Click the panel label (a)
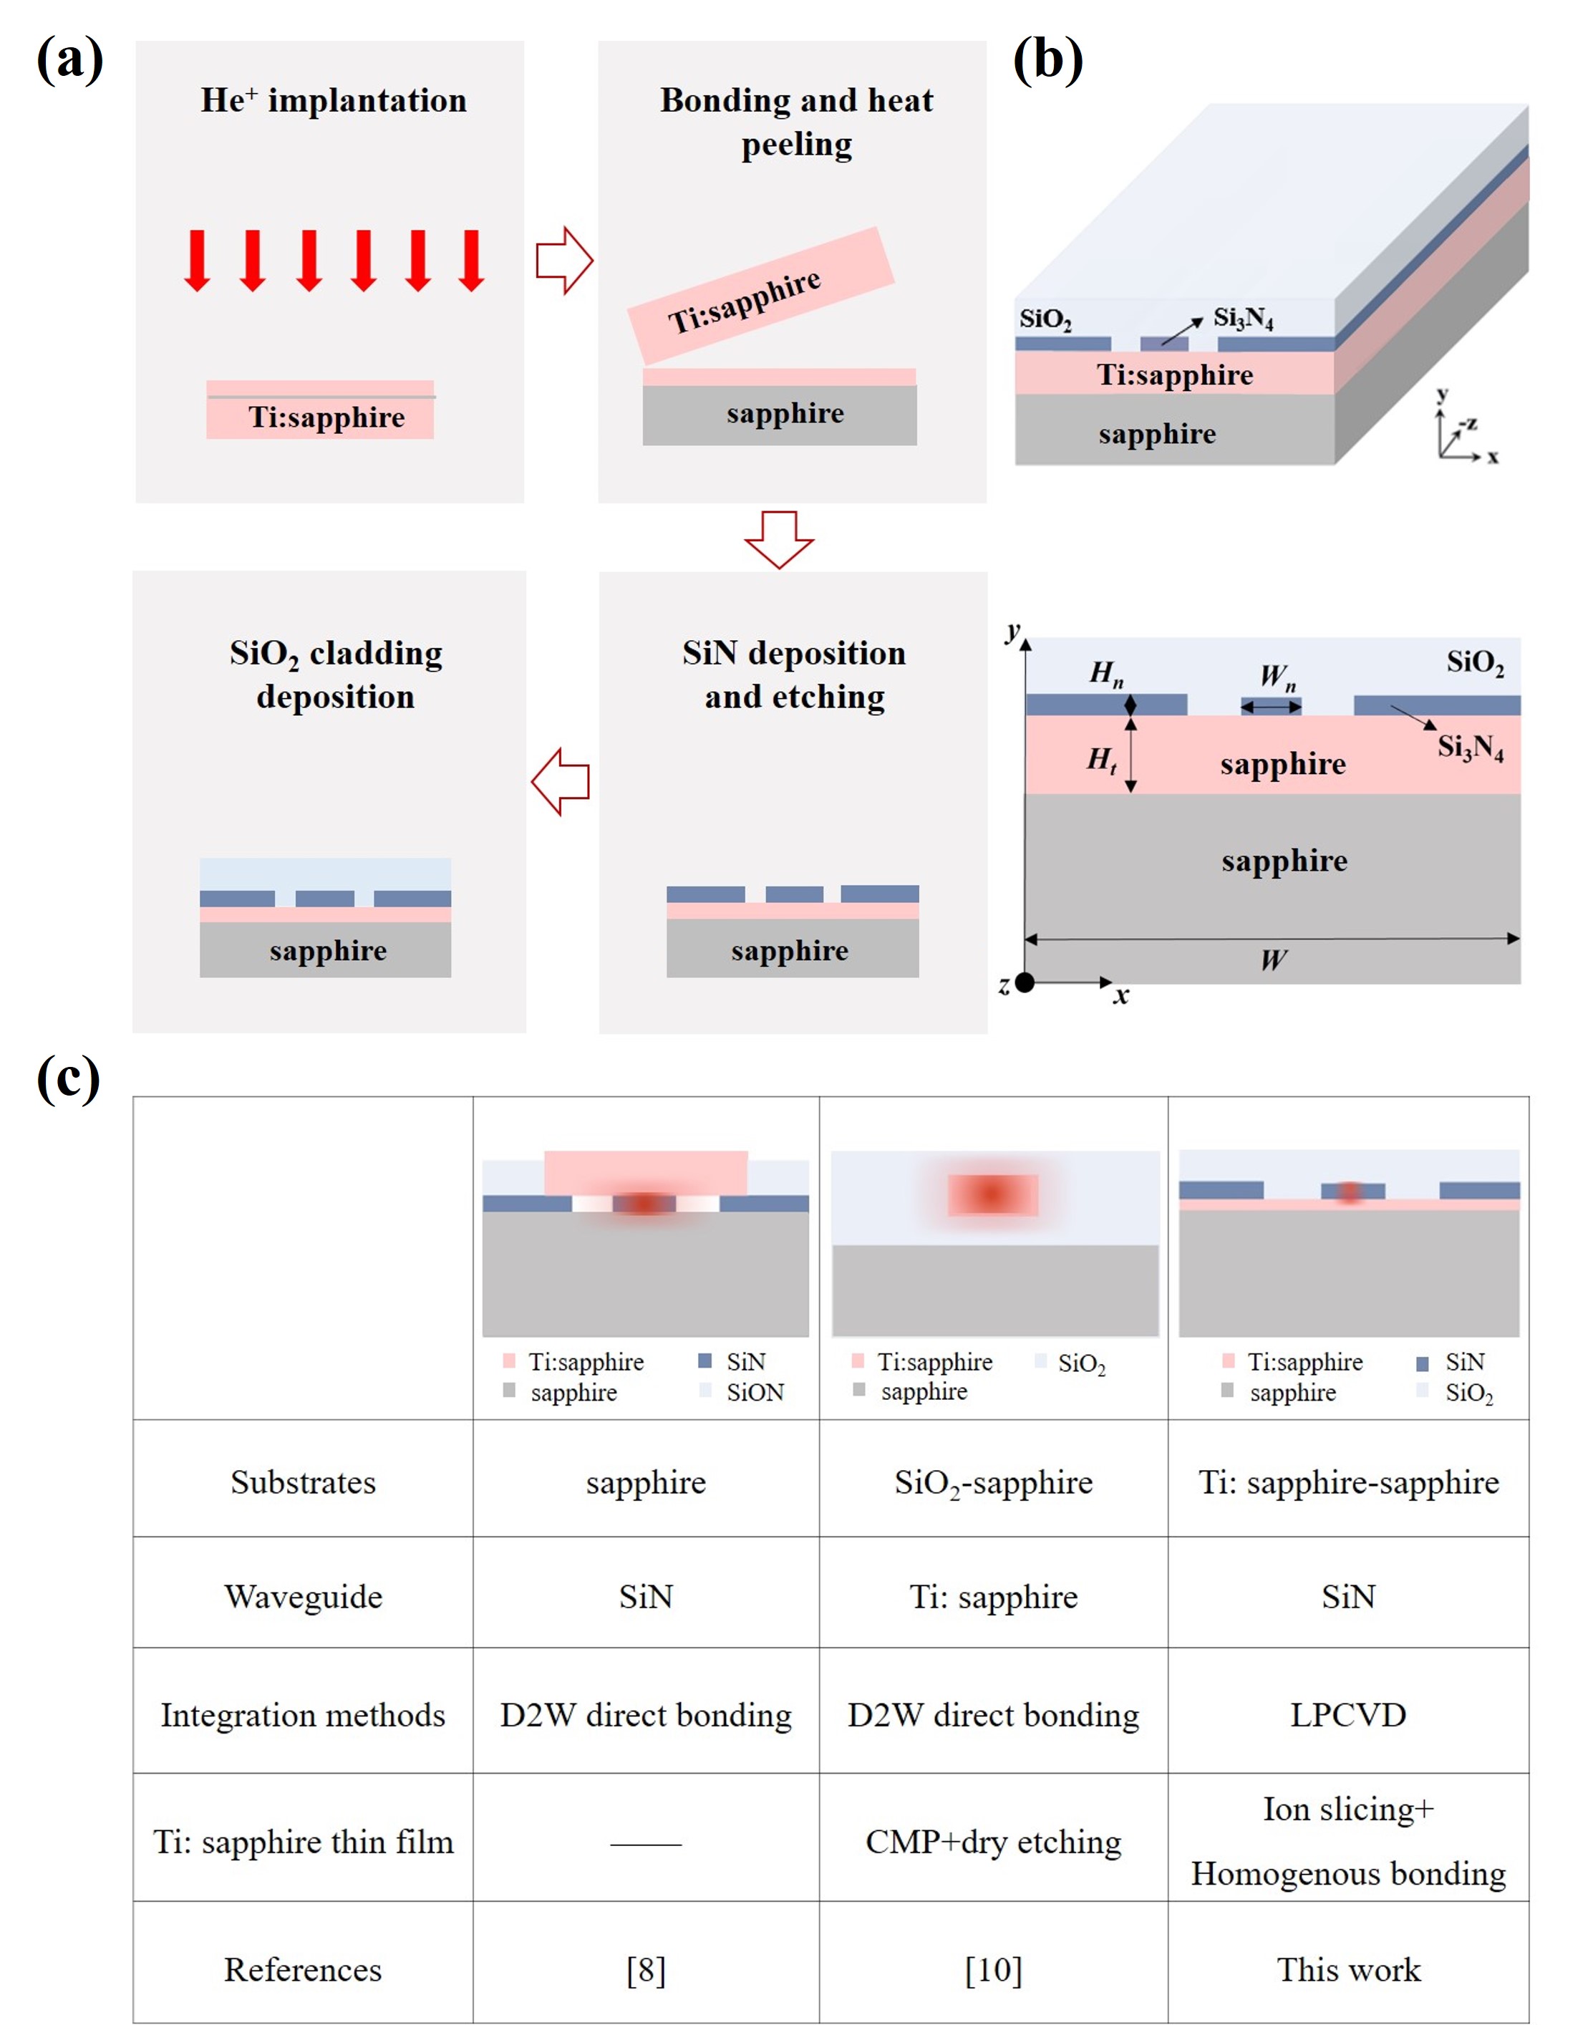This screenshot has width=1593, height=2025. [70, 61]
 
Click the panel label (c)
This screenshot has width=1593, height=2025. [68, 1079]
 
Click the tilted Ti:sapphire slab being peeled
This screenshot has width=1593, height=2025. [760, 296]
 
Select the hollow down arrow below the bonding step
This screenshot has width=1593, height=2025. [779, 539]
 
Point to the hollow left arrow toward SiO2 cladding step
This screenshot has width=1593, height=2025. [561, 782]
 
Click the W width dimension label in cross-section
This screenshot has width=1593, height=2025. [1273, 960]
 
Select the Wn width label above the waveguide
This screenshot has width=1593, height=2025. [1276, 676]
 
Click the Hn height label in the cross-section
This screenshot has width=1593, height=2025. [1106, 672]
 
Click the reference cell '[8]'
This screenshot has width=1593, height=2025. [645, 1969]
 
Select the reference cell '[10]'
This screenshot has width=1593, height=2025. [993, 1969]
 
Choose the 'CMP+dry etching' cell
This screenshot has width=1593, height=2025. [993, 1841]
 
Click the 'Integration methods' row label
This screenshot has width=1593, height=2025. [302, 1714]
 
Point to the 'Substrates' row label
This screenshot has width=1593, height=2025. [302, 1482]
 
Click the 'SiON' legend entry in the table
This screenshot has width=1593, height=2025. [754, 1393]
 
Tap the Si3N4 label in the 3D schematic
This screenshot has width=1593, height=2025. [1242, 319]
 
